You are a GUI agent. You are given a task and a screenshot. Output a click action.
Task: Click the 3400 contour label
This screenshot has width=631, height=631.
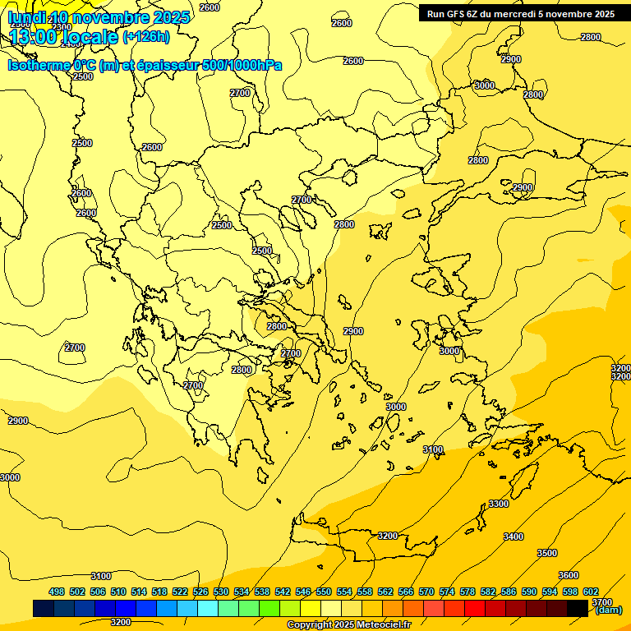point(513,537)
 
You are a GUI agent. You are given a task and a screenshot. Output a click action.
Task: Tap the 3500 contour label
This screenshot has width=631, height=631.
point(547,553)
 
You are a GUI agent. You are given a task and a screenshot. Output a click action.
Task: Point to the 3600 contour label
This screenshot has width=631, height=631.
point(569,575)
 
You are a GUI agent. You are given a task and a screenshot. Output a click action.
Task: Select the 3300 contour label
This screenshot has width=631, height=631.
point(499,504)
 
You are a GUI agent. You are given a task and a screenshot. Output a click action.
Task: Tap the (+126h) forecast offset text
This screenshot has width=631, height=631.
point(146,36)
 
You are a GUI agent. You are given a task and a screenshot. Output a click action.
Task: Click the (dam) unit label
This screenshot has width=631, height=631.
point(609,610)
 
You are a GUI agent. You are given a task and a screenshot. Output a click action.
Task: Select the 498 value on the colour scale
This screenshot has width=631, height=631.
point(57,592)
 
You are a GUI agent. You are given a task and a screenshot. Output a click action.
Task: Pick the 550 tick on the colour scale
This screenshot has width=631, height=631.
point(324,592)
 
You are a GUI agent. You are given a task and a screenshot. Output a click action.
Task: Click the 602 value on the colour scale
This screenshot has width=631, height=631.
point(591,592)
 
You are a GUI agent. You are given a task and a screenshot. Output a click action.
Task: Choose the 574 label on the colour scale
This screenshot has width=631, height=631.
point(447,592)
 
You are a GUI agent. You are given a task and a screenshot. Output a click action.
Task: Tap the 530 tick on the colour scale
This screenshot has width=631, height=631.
point(221,592)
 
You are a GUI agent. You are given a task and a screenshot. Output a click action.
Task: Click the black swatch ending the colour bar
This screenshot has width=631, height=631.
point(578,608)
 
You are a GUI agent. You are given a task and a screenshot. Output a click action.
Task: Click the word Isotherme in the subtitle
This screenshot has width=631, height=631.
point(38,65)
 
